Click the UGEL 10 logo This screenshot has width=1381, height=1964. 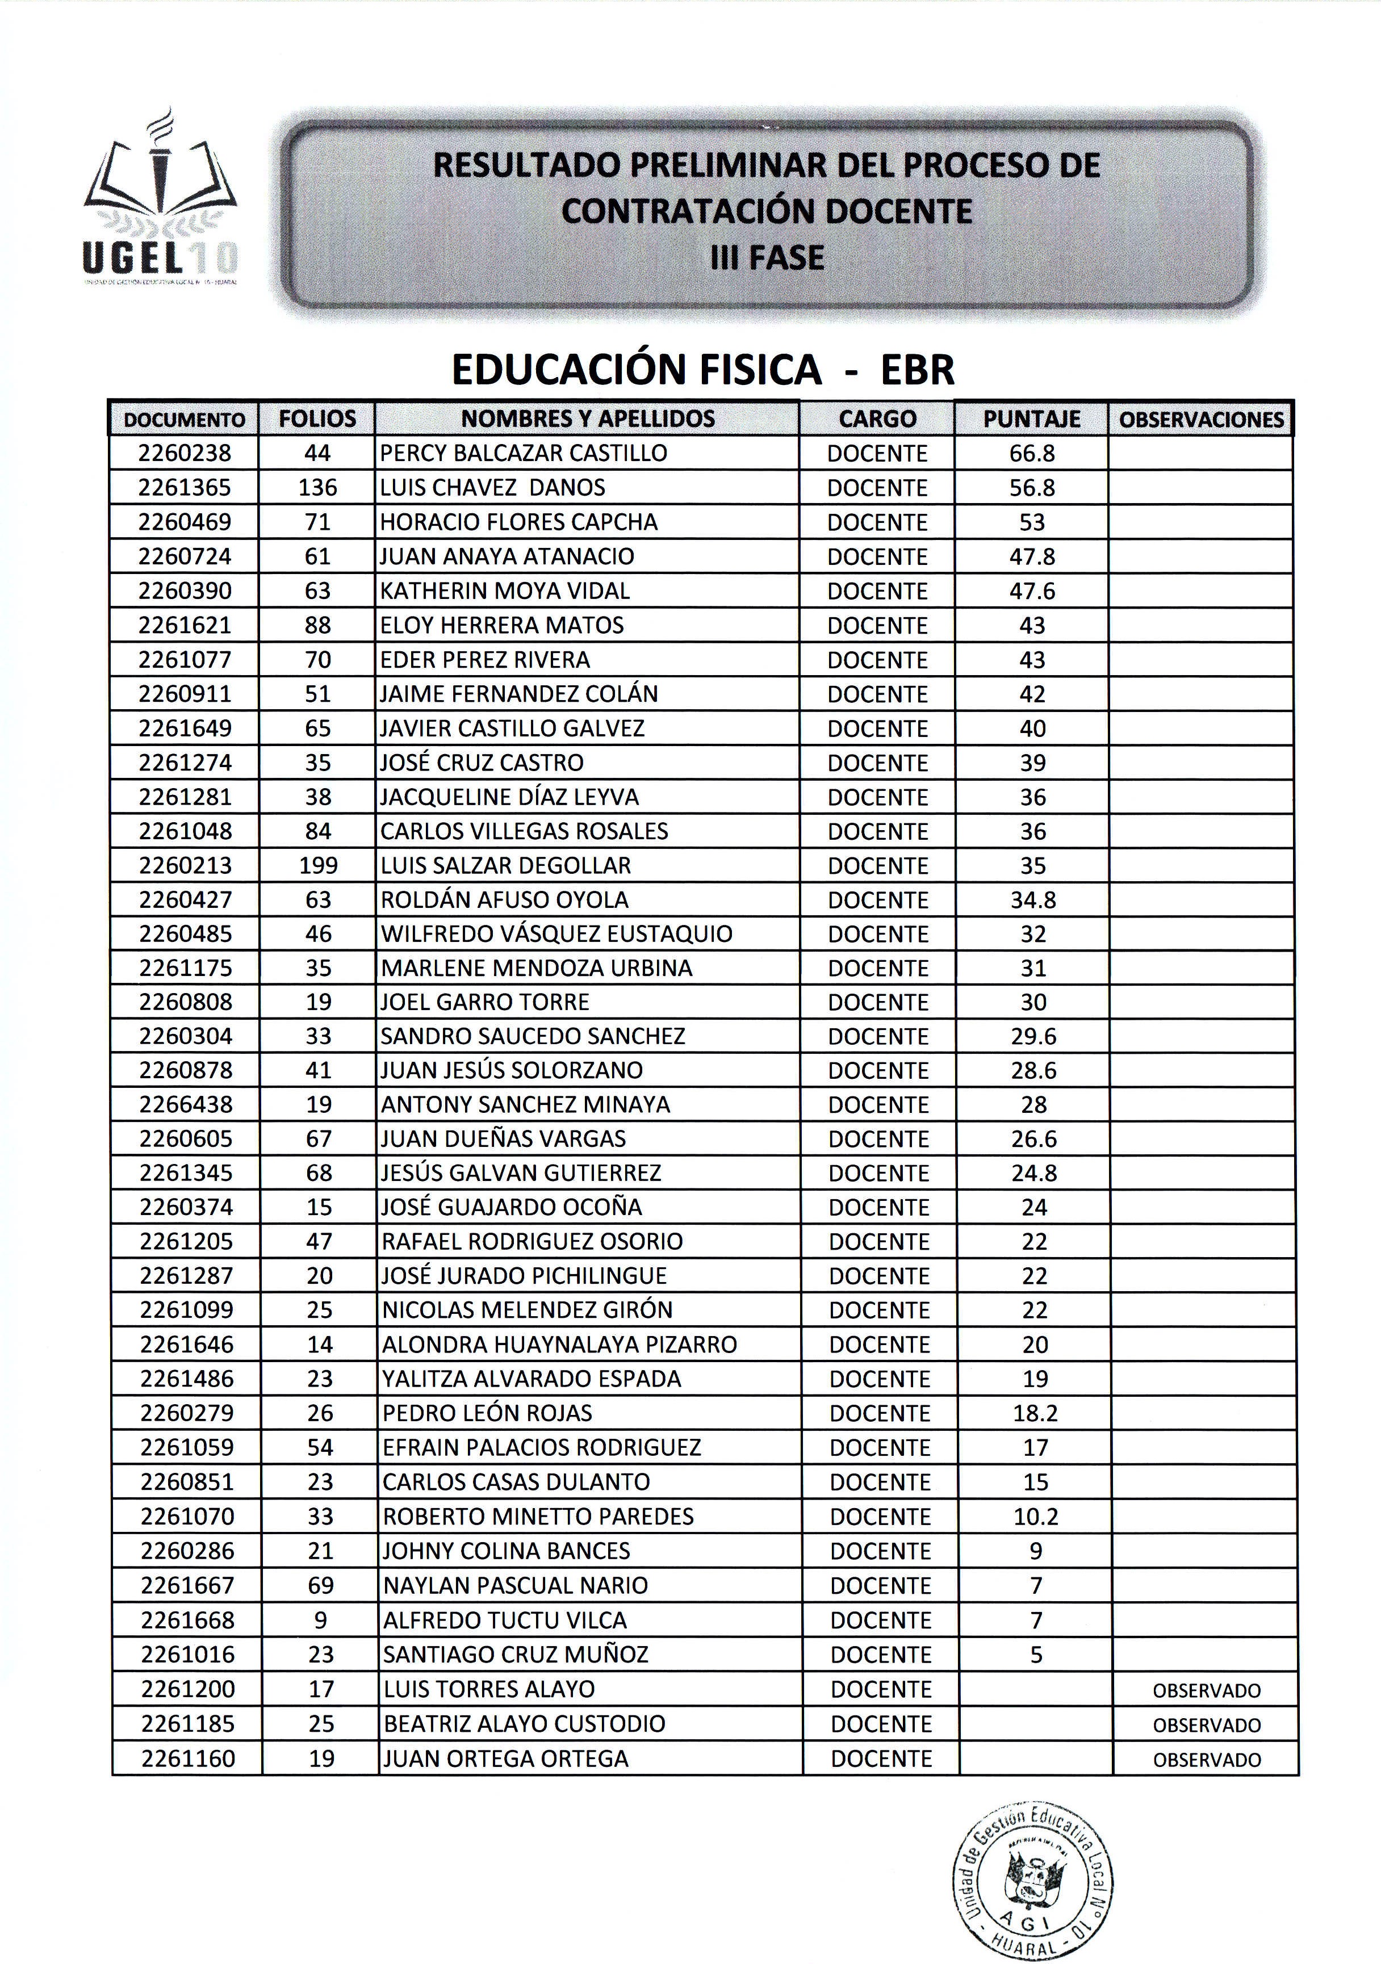click(x=161, y=201)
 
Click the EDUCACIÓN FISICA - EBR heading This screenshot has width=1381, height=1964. click(x=702, y=370)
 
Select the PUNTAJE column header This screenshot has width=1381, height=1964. click(x=1031, y=419)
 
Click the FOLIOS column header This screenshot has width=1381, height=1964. click(x=317, y=419)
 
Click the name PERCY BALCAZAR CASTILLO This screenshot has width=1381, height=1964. click(x=523, y=453)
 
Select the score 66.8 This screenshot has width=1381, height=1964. click(x=1032, y=453)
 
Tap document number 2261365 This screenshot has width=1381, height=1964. click(x=185, y=488)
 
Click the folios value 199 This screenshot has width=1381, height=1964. click(x=319, y=866)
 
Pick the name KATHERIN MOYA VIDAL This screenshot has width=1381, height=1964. click(x=504, y=591)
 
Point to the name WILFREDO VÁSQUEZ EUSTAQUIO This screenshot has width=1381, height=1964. click(x=556, y=934)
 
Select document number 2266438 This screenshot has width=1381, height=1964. click(x=186, y=1104)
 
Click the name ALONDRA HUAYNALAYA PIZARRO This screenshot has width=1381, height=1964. click(x=559, y=1345)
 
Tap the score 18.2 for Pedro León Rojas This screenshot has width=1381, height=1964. click(x=1035, y=1413)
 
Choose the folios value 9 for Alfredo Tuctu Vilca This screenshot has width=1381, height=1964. click(x=321, y=1620)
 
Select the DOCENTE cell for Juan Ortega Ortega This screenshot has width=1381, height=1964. click(x=881, y=1758)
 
